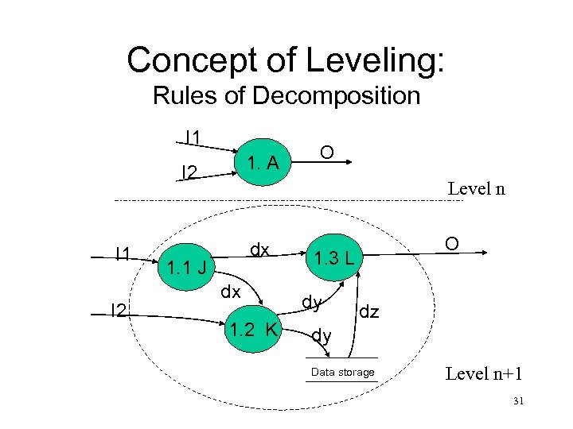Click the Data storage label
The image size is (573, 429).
pos(343,373)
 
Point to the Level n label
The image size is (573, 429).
pos(476,189)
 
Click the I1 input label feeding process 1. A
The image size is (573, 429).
pos(192,137)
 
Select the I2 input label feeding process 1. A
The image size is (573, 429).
pos(190,171)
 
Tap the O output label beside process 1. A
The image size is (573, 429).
pos(325,151)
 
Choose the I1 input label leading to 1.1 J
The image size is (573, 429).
pos(123,253)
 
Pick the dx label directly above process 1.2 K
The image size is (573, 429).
pos(231,292)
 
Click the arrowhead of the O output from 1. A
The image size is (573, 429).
pos(347,162)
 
